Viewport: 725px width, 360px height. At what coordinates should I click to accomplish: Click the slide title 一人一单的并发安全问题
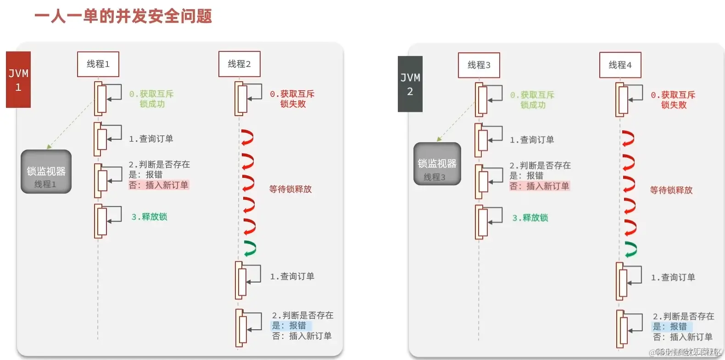pyautogui.click(x=123, y=16)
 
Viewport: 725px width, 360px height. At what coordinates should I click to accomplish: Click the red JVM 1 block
pyautogui.click(x=18, y=80)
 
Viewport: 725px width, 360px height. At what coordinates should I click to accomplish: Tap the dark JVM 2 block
pyautogui.click(x=410, y=84)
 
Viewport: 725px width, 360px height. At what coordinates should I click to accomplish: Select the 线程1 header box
pyautogui.click(x=98, y=64)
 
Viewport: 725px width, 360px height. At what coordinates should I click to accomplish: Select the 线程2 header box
pyautogui.click(x=239, y=64)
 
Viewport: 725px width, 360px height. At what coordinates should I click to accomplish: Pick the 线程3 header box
pyautogui.click(x=479, y=65)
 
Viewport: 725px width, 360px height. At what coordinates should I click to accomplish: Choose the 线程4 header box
pyautogui.click(x=620, y=65)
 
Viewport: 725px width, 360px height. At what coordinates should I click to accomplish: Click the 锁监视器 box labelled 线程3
pyautogui.click(x=437, y=164)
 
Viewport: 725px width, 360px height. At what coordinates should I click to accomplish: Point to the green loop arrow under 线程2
pyautogui.click(x=250, y=248)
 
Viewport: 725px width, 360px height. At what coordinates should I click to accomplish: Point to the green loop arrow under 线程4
pyautogui.click(x=631, y=249)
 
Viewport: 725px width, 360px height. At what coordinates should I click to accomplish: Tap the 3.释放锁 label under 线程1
pyautogui.click(x=149, y=217)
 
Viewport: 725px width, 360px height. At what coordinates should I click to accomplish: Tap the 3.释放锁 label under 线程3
pyautogui.click(x=530, y=218)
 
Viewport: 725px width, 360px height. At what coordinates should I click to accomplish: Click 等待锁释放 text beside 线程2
pyautogui.click(x=290, y=189)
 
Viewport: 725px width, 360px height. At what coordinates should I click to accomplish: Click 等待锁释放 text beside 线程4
pyautogui.click(x=671, y=190)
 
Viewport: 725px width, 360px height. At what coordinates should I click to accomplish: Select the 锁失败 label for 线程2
pyautogui.click(x=293, y=104)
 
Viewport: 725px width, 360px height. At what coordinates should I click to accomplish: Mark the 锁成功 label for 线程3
pyautogui.click(x=533, y=105)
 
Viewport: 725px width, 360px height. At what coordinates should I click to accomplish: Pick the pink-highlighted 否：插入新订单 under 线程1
pyautogui.click(x=159, y=185)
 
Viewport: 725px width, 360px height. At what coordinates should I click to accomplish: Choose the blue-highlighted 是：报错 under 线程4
pyautogui.click(x=670, y=327)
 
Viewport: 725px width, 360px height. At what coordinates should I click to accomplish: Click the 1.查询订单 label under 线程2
pyautogui.click(x=292, y=277)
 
